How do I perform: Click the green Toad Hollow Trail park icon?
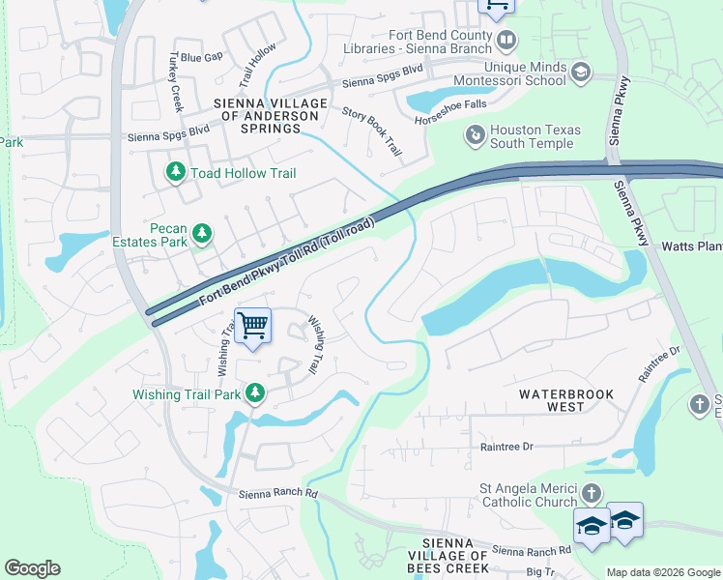(x=176, y=173)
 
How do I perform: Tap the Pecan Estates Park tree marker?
(x=202, y=233)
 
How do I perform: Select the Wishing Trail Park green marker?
(x=254, y=393)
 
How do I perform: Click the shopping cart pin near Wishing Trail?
(x=252, y=327)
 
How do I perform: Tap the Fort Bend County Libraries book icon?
(x=506, y=41)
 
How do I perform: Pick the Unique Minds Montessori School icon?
(x=580, y=72)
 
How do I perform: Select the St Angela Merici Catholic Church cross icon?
(x=592, y=495)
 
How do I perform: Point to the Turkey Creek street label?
(x=177, y=81)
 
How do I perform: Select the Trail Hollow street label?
(x=257, y=61)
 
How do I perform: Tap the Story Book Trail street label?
(x=371, y=130)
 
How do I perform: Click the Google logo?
(x=33, y=568)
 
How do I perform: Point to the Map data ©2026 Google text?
(x=662, y=572)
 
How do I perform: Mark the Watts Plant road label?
(x=691, y=246)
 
